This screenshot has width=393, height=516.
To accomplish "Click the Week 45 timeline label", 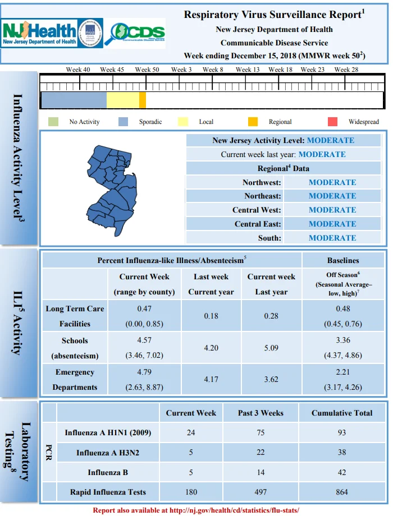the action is [112, 70].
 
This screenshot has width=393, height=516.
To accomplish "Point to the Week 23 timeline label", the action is [313, 70].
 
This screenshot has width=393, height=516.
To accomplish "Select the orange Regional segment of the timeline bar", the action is [143, 100].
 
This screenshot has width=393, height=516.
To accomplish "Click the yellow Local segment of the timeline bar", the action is [123, 100].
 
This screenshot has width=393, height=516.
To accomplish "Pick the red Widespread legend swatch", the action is [333, 122].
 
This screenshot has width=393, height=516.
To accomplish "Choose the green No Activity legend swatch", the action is [53, 122].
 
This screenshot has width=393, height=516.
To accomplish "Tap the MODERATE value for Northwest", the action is [332, 182].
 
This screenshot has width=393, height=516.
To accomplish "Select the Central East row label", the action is [258, 224].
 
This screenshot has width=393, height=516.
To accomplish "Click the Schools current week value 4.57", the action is [144, 340].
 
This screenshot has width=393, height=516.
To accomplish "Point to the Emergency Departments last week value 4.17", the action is [211, 379].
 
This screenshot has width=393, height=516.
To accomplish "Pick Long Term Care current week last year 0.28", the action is [271, 316].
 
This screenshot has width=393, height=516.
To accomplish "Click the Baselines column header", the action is [343, 260].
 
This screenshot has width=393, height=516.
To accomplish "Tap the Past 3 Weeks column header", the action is [261, 413].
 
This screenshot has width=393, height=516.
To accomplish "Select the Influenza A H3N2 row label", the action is [108, 453].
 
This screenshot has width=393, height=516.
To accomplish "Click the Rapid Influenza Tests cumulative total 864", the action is [342, 492].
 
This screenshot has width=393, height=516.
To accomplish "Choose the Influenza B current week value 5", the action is [191, 472].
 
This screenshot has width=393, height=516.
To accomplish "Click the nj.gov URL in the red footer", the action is [234, 510].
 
